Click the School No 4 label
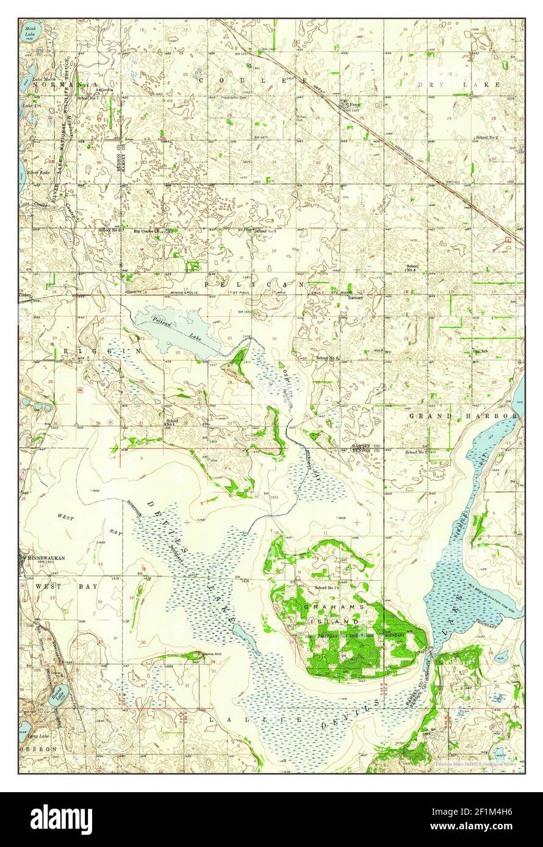point(413,268)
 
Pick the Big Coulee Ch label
point(146,232)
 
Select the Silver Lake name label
point(38,173)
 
